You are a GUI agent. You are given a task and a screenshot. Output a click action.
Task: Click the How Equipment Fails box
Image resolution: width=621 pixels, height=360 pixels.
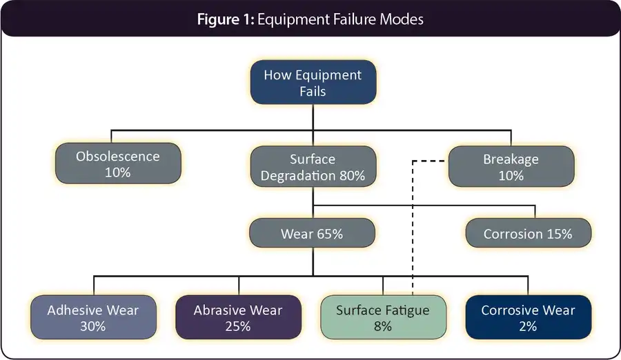313,83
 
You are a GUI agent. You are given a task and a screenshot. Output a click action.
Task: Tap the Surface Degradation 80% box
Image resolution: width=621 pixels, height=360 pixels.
313,166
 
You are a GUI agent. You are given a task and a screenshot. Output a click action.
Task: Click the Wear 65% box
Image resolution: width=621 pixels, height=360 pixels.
312,234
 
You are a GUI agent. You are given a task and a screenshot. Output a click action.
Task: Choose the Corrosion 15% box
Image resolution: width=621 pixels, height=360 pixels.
528,234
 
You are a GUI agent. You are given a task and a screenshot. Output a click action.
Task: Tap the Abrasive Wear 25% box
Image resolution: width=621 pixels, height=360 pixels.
237,317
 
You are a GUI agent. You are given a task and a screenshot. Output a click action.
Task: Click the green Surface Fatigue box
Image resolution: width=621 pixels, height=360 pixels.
382,317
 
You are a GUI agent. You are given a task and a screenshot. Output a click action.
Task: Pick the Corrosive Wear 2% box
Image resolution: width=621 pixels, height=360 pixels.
528,317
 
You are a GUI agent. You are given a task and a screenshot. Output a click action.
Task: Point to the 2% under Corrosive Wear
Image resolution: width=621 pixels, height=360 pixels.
528,326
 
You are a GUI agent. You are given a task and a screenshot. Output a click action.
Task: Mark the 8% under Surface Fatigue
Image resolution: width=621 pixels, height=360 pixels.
382,326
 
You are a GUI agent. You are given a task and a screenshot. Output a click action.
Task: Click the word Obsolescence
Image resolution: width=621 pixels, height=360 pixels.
117,157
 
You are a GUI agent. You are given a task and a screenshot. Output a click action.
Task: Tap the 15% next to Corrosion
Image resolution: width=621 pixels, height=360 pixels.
558,234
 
